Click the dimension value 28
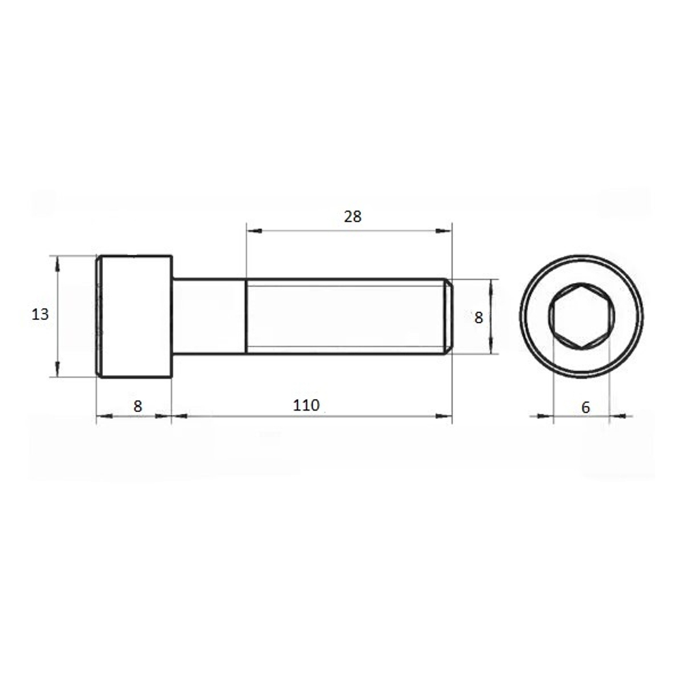[x=353, y=216]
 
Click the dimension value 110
[x=306, y=405]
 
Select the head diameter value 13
[x=40, y=314]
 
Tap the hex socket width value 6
[x=585, y=408]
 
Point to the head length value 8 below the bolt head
[x=138, y=406]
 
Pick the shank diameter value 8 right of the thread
[x=479, y=318]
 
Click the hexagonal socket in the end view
[x=582, y=316]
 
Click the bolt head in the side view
[x=134, y=316]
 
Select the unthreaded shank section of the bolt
[x=209, y=316]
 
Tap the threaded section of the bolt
[x=346, y=316]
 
